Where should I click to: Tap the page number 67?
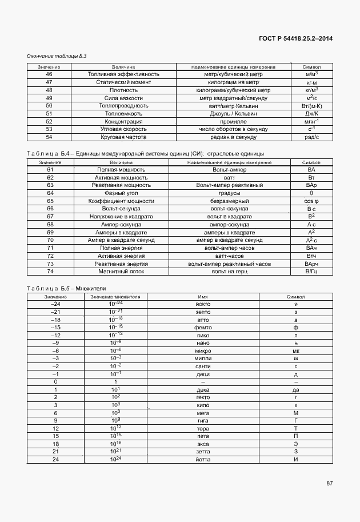(329, 484)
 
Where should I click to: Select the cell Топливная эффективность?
(123, 74)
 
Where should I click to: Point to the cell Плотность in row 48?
(123, 90)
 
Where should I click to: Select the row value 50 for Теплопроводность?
(49, 106)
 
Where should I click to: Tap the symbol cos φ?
(311, 201)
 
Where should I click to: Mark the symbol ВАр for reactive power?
(311, 185)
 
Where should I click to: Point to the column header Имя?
(202, 297)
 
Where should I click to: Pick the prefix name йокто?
(202, 304)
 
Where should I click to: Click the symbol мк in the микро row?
(295, 350)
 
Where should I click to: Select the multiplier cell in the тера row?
(115, 428)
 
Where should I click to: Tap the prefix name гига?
(202, 420)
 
